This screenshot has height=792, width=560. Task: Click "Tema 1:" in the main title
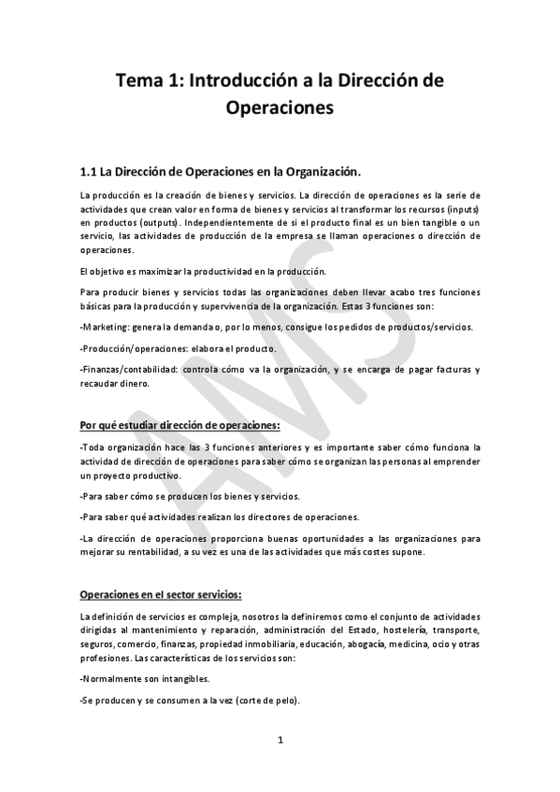149,82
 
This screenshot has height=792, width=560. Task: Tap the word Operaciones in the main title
280,108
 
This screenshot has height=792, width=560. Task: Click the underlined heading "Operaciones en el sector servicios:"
162,594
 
